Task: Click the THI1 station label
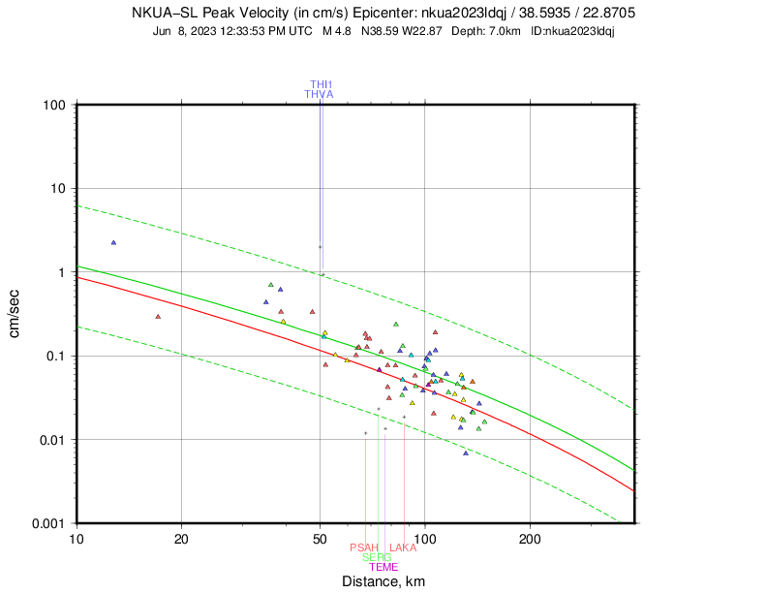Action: click(x=321, y=84)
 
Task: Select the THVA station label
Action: click(x=319, y=94)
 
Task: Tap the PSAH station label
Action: click(x=364, y=547)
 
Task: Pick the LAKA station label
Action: click(x=402, y=547)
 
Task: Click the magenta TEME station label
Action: click(x=383, y=567)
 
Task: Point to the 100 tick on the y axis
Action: click(x=54, y=105)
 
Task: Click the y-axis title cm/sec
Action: click(x=15, y=313)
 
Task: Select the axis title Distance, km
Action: click(x=383, y=581)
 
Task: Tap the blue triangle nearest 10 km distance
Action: click(x=113, y=242)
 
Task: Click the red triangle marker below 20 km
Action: click(x=158, y=316)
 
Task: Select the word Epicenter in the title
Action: click(x=380, y=14)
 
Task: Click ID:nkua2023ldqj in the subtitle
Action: click(x=573, y=31)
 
